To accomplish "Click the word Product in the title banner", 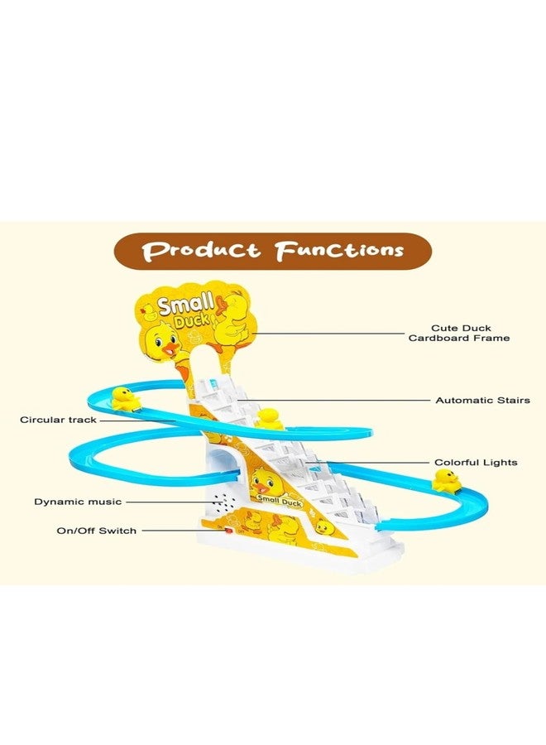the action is pos(201,250).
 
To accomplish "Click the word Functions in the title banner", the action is pos(339,250).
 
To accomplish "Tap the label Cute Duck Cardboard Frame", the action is pos(459,333).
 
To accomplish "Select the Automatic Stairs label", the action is pos(483,400).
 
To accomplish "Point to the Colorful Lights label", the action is pos(476,462).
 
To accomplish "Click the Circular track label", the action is pos(58,420).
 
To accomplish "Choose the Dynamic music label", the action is pos(78,502).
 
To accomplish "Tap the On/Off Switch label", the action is pos(97,531).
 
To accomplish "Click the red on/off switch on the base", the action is pos(229,531).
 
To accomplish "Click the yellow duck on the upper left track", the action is pos(124,399).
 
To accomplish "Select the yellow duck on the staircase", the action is pos(268,418).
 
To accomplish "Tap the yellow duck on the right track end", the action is pos(446,480).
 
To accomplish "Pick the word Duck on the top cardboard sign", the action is pos(192,320).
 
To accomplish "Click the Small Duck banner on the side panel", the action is pos(279,500).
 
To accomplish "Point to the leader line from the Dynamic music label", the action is pos(170,502).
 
